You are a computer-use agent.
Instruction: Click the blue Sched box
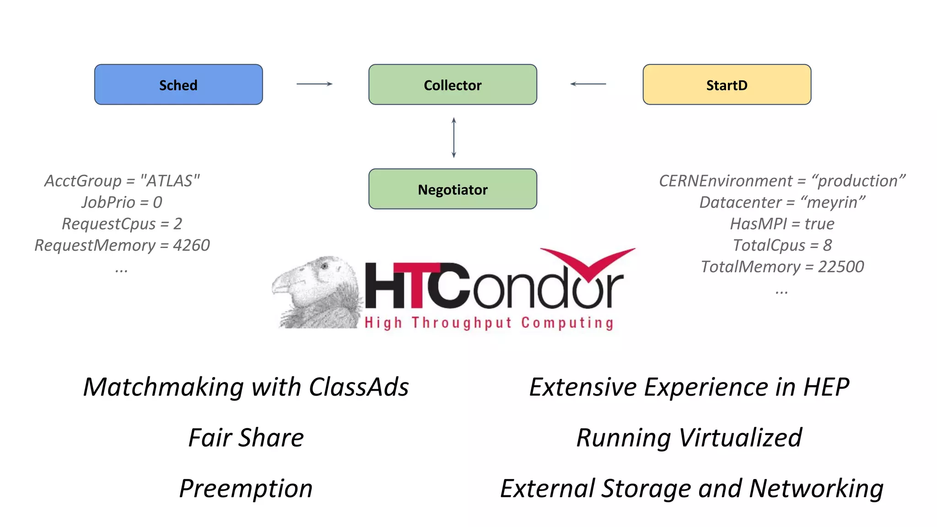(178, 85)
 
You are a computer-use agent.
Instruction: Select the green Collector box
(452, 85)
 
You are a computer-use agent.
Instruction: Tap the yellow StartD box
(727, 85)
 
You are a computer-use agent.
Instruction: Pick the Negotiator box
(452, 189)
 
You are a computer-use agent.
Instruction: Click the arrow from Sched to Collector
(314, 84)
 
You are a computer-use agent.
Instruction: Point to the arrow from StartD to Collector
(588, 84)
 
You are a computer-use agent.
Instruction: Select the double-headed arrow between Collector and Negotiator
(453, 137)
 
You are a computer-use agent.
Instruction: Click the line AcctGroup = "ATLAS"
(122, 181)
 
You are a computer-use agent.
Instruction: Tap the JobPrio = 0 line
(122, 202)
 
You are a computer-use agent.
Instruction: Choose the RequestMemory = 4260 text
(122, 245)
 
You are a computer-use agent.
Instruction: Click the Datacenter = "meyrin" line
(782, 202)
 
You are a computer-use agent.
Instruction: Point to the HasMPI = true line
(782, 224)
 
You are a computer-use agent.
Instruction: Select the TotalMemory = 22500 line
(782, 267)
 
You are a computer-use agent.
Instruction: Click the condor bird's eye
(324, 266)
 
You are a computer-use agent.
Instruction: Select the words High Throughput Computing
(489, 323)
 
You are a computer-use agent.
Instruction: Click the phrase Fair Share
(246, 438)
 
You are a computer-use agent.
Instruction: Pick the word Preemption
(246, 489)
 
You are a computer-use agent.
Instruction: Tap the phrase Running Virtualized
(689, 438)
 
